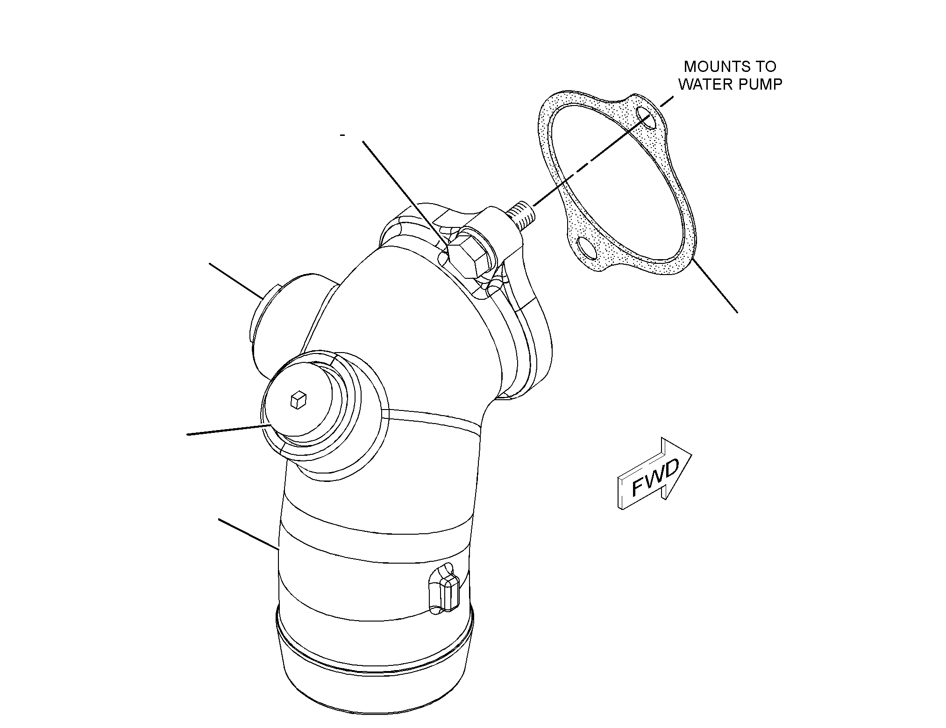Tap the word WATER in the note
pos(705,85)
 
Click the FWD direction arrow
pos(654,473)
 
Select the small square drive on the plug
pos(298,400)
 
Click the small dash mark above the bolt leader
pos(343,135)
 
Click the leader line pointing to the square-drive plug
pos(229,430)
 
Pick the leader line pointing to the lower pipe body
pos(249,533)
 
